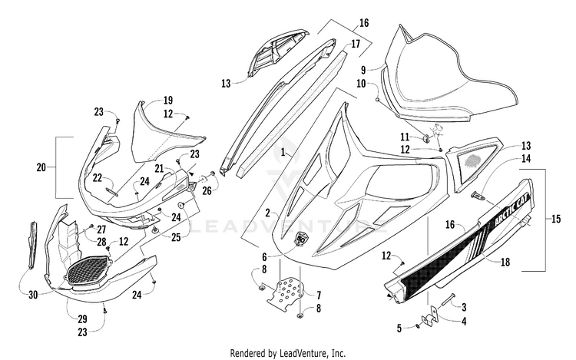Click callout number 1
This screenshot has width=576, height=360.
[x=283, y=152]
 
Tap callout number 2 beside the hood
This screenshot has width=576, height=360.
[x=268, y=213]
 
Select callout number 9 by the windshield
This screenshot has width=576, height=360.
[x=363, y=69]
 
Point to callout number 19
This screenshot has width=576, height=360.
[x=168, y=101]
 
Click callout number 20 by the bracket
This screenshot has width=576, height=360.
[x=41, y=167]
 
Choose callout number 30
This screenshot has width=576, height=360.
[x=33, y=295]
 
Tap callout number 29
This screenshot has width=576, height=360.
[x=82, y=319]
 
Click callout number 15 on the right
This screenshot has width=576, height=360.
[x=556, y=219]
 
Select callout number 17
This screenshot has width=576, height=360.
[x=356, y=44]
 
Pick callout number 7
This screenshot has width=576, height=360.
[x=319, y=295]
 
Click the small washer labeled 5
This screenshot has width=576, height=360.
[x=418, y=326]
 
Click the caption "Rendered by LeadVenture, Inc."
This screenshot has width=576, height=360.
[x=288, y=353]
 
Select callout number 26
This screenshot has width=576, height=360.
[x=207, y=191]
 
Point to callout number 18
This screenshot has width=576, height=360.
[x=505, y=262]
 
